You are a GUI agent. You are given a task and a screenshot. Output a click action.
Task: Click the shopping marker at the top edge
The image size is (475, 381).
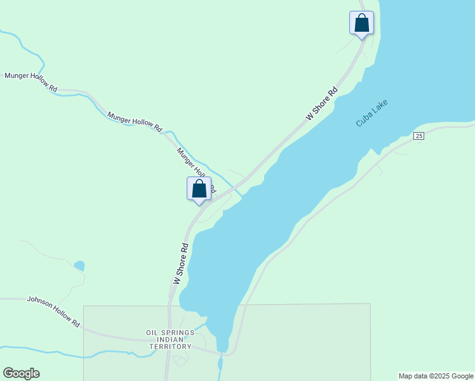tap(361, 23)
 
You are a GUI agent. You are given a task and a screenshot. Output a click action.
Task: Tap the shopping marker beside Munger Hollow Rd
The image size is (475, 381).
tap(199, 189)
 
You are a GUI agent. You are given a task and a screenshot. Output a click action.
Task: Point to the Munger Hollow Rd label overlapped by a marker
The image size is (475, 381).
tap(194, 168)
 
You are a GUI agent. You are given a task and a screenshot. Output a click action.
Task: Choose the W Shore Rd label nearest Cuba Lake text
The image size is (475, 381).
tap(321, 104)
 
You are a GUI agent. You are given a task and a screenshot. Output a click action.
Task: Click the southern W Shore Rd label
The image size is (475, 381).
tap(181, 263)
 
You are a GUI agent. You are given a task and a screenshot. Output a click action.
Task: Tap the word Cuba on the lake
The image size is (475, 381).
tap(363, 120)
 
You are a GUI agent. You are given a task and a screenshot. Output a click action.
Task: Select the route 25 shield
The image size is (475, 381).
tap(418, 136)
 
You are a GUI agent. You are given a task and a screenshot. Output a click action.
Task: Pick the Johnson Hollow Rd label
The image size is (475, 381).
tap(53, 312)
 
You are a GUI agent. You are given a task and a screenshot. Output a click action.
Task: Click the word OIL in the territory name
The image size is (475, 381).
tap(152, 332)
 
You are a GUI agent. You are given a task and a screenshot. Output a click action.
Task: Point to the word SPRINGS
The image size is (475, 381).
tap(177, 332)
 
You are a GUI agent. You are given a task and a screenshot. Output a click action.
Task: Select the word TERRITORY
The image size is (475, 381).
tap(170, 347)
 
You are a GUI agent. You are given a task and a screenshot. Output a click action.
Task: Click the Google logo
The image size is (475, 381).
tap(21, 373)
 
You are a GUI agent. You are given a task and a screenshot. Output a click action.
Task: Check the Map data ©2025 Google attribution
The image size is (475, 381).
tap(436, 376)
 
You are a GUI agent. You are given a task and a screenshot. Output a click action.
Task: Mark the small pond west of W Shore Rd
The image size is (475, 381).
tap(79, 265)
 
